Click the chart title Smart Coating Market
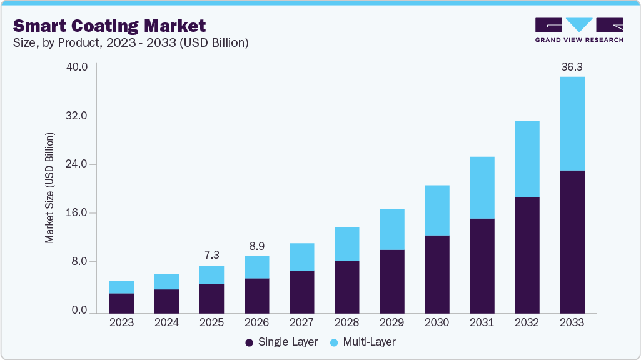(x=109, y=26)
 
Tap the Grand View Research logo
(x=579, y=29)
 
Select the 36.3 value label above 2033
(x=572, y=66)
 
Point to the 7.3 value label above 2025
(x=211, y=256)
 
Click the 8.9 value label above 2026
(x=256, y=246)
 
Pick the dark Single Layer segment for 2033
(x=572, y=241)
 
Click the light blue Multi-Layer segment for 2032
(x=527, y=159)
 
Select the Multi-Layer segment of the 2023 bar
(x=121, y=287)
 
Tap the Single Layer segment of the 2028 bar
(x=346, y=287)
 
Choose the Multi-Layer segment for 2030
(x=437, y=210)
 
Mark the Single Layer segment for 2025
(x=211, y=299)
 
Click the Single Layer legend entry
(x=281, y=342)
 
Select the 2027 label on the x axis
(x=301, y=323)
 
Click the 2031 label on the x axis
(x=482, y=323)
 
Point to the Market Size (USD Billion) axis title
(x=49, y=188)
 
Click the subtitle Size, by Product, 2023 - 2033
(x=131, y=43)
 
